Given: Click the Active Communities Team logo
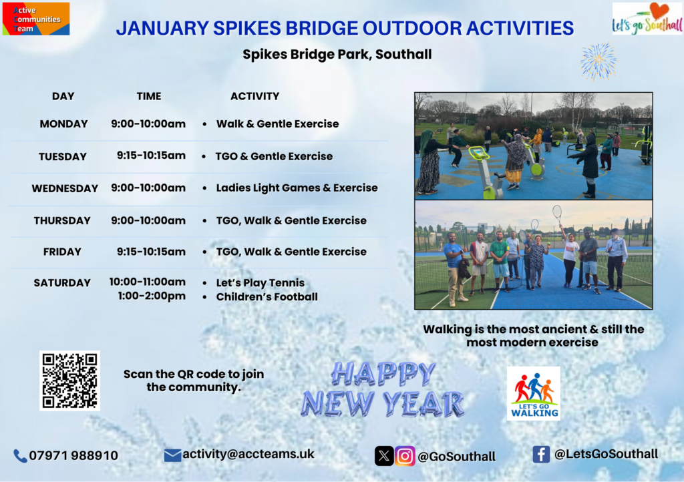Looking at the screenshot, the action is click(36, 19).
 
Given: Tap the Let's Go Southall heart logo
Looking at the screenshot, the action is click(647, 19).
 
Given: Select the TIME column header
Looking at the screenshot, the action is click(149, 96).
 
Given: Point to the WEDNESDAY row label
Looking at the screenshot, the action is click(65, 189).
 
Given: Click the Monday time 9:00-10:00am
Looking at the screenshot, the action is click(148, 124).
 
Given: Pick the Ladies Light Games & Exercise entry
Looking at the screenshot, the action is click(297, 188).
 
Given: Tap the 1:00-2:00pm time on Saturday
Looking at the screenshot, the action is click(152, 296).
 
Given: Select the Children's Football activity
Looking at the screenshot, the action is click(267, 297).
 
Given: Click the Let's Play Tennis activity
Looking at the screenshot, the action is click(261, 283).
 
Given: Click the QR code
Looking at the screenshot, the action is click(69, 381).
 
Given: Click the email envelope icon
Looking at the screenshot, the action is click(172, 455).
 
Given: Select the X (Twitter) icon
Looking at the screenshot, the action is click(384, 456).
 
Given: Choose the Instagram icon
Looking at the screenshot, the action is click(405, 456).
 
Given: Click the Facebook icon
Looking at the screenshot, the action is click(541, 455).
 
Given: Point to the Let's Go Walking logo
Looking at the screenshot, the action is click(534, 393).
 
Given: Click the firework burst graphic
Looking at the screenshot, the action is click(598, 61).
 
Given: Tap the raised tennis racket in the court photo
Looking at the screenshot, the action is click(557, 214).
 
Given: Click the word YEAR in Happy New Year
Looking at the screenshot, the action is click(423, 403).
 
